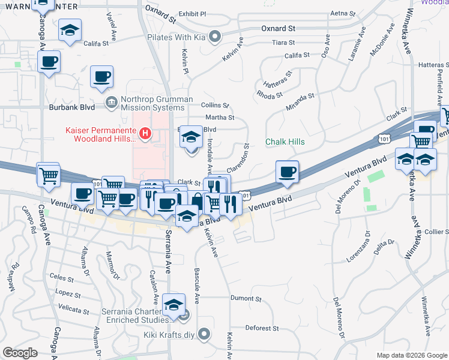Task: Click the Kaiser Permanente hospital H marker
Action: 144,133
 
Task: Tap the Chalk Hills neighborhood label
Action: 285,142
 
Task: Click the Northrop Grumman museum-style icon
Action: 111,103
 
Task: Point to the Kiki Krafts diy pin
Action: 205,334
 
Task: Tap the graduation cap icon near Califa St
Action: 70,30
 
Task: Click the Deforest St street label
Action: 262,328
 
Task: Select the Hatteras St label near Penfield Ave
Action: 432,65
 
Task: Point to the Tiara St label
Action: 283,43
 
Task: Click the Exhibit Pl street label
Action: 192,13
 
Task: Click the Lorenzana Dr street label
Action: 358,251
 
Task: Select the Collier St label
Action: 436,232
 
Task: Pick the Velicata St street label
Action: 74,311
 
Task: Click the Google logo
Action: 20,353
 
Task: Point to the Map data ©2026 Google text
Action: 411,355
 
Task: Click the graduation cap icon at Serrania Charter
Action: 173,306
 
